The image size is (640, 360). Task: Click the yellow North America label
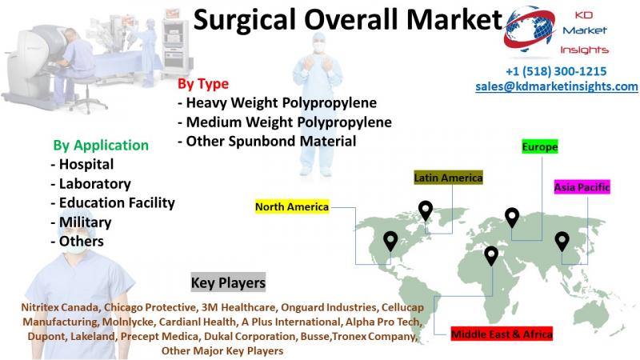292,207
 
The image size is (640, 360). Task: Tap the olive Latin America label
448,178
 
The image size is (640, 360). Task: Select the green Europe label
539,146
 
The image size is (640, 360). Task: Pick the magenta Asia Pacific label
582,187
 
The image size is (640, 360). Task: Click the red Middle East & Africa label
502,334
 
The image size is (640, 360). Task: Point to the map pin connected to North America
390,242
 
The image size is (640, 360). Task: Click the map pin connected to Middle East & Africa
491,256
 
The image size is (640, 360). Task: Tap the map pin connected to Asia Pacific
562,242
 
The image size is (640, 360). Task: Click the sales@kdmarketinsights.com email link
557,86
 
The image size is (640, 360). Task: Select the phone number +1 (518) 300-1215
556,71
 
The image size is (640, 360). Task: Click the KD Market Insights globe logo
529,30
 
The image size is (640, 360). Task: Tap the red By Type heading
203,84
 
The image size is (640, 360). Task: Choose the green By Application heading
101,146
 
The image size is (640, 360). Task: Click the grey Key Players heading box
228,282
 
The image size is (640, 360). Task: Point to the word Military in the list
86,222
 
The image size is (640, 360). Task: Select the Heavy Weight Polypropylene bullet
277,103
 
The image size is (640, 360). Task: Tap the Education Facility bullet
113,203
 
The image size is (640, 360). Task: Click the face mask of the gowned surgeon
318,47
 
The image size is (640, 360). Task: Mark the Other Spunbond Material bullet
267,142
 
